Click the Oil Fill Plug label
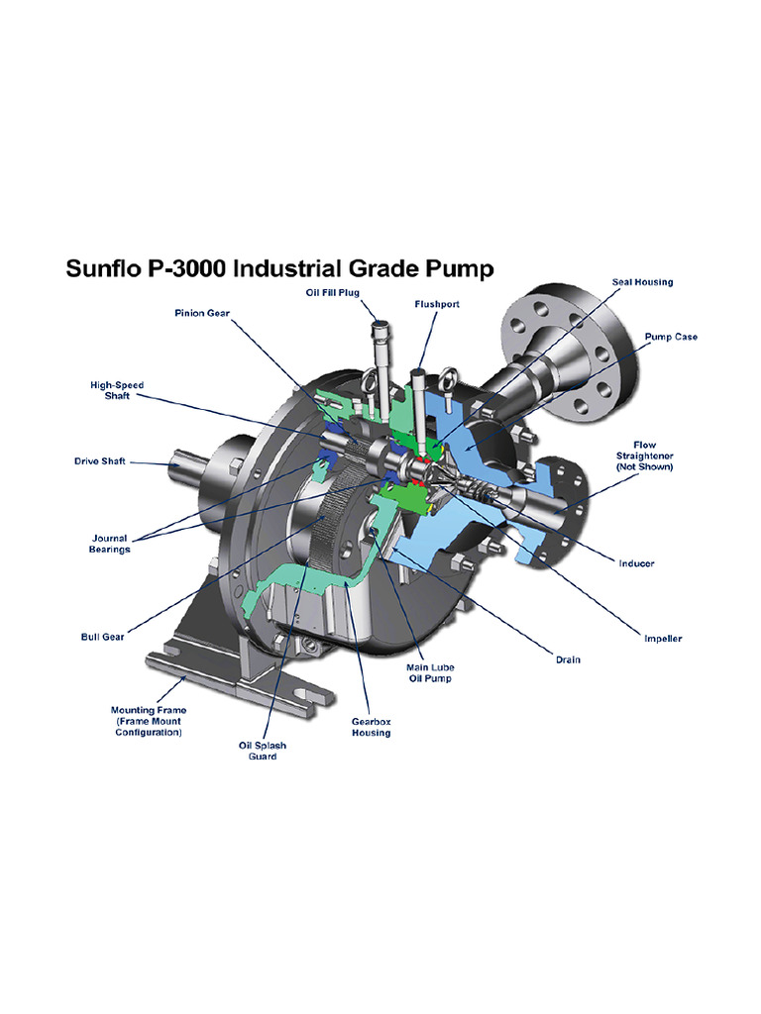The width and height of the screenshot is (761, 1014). pos(331,292)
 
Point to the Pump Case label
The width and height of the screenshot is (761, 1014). pos(671,337)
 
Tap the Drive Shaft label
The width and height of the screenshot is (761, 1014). pos(100,461)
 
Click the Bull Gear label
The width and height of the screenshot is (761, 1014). pos(102,637)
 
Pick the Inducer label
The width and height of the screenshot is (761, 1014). pos(636,563)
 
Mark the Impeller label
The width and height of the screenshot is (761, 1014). pos(662,639)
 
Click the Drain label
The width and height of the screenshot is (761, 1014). pos(568,659)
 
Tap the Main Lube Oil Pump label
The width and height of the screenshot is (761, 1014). pos(429,673)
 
